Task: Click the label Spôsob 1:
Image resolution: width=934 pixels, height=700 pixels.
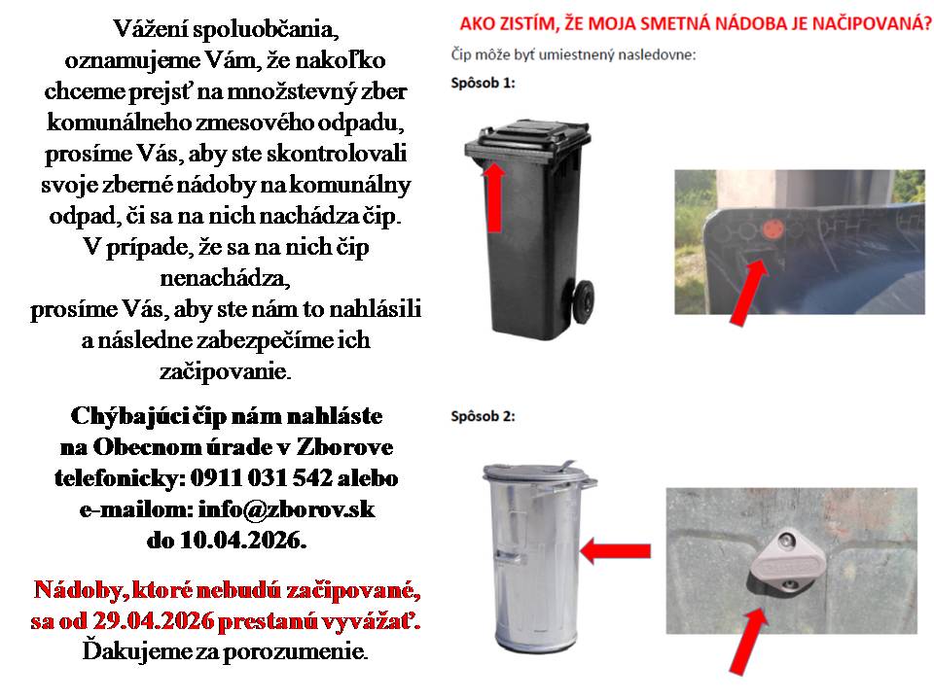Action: click(x=484, y=84)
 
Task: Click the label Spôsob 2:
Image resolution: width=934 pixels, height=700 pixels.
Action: click(x=484, y=417)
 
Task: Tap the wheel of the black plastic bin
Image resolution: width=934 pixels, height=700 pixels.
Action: click(x=583, y=300)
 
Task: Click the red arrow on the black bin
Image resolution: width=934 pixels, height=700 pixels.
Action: click(x=495, y=194)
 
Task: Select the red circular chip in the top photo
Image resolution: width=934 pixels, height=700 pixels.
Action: click(x=771, y=230)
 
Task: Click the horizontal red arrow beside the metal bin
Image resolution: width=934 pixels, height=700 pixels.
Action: click(x=621, y=551)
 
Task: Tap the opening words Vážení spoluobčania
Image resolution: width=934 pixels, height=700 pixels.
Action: click(x=228, y=27)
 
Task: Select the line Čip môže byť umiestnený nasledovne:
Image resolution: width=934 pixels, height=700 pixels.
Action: click(x=573, y=53)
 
